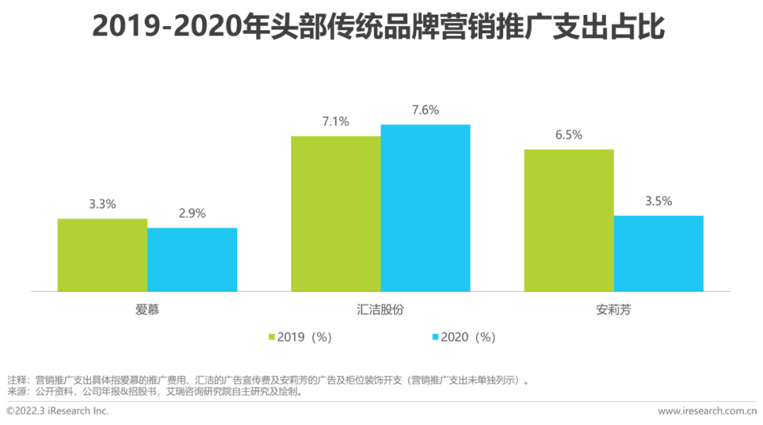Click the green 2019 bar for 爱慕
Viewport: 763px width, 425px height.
click(x=102, y=255)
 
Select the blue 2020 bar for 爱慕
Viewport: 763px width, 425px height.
click(x=192, y=259)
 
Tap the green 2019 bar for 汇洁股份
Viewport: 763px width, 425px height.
click(x=336, y=213)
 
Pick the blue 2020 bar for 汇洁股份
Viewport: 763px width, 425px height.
click(x=425, y=208)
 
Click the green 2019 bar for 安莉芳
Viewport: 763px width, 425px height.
click(x=569, y=220)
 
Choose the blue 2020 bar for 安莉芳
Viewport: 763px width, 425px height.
click(x=658, y=253)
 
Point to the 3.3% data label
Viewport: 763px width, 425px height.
click(x=102, y=204)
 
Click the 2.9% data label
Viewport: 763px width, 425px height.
click(x=192, y=213)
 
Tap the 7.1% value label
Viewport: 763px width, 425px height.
click(x=336, y=121)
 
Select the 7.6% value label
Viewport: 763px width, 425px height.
click(x=425, y=110)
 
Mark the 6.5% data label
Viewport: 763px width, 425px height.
click(x=569, y=135)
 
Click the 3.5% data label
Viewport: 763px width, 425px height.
click(x=658, y=201)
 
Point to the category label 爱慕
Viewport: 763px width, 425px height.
click(x=148, y=309)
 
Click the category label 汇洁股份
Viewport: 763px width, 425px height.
click(x=380, y=309)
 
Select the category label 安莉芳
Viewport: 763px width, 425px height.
click(x=613, y=309)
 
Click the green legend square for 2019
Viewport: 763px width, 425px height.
click(x=271, y=337)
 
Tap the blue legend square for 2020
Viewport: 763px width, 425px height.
click(x=435, y=337)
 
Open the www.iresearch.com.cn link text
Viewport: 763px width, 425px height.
click(x=706, y=411)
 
